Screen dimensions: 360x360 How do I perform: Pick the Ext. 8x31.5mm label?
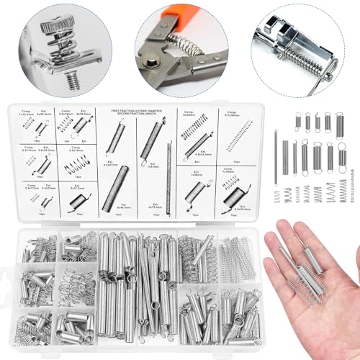(75, 186)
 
